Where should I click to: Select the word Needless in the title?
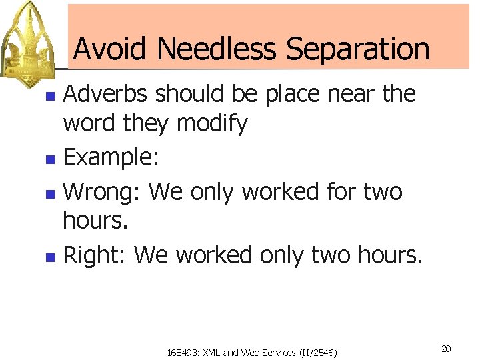(x=214, y=49)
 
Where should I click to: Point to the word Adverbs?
(x=107, y=95)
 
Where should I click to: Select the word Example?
(x=110, y=159)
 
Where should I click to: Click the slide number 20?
(x=446, y=349)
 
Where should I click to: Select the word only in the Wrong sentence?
(x=213, y=192)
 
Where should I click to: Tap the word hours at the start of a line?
(x=95, y=221)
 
